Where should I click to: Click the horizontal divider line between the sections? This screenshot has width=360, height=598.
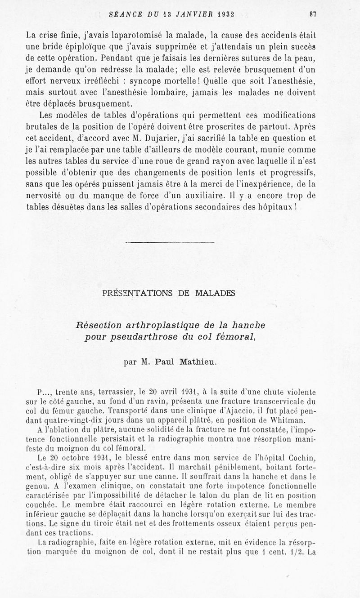coord(169,243)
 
